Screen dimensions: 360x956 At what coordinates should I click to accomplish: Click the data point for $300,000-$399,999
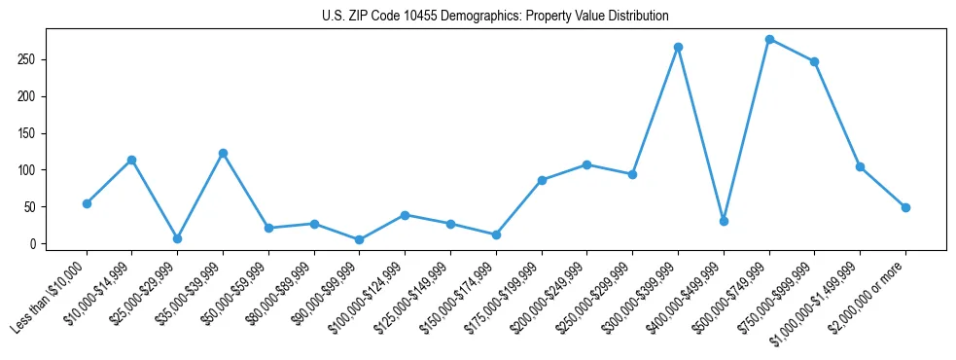click(x=678, y=47)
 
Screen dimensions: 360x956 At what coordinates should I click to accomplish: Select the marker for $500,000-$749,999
click(x=769, y=40)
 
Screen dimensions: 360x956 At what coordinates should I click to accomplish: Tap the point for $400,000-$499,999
click(x=724, y=221)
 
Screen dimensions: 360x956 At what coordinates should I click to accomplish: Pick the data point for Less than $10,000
click(x=87, y=203)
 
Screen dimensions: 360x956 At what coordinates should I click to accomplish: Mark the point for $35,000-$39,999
click(x=223, y=153)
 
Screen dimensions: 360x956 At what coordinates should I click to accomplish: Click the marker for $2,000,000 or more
click(x=905, y=207)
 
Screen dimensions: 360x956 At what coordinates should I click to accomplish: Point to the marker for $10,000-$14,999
click(x=131, y=160)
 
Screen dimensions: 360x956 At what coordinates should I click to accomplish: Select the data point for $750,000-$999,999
click(x=814, y=61)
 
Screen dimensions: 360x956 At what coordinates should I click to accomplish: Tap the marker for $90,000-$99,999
click(x=360, y=239)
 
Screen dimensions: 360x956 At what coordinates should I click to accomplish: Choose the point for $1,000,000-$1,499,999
click(x=860, y=166)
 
